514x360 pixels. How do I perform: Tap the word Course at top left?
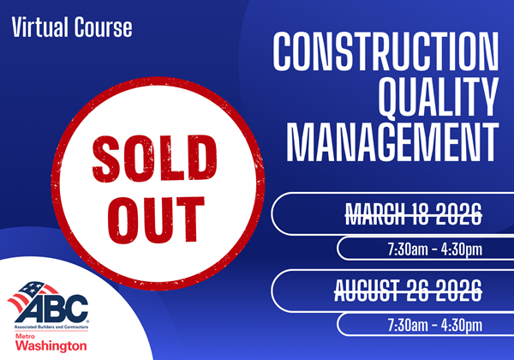point(104,27)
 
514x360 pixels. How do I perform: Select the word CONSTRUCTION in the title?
point(385,51)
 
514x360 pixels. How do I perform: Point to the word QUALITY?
point(439,97)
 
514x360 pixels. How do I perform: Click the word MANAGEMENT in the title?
point(392,142)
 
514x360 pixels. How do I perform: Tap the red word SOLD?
point(155,159)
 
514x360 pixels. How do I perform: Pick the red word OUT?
point(156,220)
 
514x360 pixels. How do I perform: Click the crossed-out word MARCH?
point(375,214)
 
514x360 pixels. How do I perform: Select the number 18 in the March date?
point(420,214)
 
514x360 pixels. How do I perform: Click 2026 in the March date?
point(458,214)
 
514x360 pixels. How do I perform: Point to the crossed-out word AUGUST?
point(367,291)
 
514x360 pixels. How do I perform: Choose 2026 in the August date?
point(458,291)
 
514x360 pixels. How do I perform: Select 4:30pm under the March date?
point(462,250)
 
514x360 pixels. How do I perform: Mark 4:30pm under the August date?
point(462,326)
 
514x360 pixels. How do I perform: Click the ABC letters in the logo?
point(52,309)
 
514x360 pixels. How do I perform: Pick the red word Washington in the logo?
point(51,346)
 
